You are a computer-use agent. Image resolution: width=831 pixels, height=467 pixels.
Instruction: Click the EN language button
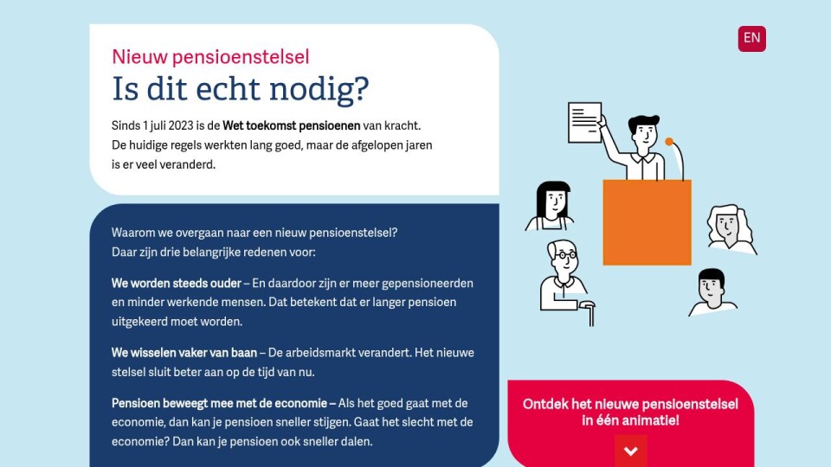751,39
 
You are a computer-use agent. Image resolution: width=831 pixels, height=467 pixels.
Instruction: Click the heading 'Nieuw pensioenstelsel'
210,57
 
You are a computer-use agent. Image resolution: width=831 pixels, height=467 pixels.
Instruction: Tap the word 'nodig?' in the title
319,89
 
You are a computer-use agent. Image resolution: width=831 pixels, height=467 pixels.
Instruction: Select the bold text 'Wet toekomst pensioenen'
292,125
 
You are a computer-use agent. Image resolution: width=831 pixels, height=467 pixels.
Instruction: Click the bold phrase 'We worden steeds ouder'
177,284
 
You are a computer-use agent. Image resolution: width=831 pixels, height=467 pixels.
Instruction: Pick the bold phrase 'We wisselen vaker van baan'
184,353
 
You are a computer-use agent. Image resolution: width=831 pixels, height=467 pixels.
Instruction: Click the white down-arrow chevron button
631,451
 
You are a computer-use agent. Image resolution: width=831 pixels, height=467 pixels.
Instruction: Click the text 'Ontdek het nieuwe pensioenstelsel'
630,405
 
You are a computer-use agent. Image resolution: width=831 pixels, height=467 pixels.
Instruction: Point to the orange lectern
647,222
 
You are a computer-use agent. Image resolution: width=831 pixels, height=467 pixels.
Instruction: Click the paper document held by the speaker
584,122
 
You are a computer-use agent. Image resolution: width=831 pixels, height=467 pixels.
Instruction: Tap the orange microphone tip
669,141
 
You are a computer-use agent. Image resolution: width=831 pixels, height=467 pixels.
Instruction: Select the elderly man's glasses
565,255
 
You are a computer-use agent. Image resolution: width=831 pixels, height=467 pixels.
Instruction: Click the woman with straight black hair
551,206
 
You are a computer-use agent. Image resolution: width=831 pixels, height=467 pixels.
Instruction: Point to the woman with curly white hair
731,228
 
